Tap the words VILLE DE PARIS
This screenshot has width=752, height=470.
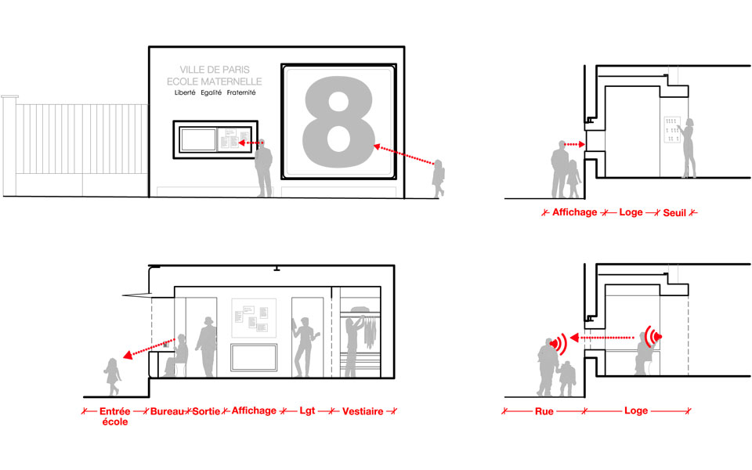(x=215, y=70)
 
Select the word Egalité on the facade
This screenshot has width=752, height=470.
(x=211, y=92)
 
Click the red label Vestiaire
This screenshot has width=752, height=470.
(x=363, y=411)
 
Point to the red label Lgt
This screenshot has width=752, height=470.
(x=307, y=410)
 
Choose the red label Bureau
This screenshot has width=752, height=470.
(x=168, y=411)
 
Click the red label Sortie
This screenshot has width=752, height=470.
(x=206, y=411)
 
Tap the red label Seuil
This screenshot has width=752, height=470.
(x=674, y=212)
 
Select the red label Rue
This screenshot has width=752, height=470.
(x=544, y=411)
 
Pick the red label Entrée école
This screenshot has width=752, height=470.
(x=115, y=416)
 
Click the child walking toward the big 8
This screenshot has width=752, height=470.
(x=438, y=179)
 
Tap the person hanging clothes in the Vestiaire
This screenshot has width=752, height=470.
(x=353, y=346)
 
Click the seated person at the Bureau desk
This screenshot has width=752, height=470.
(x=176, y=356)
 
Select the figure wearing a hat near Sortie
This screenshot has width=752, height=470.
(x=207, y=346)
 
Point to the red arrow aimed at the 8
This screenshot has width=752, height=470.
(x=404, y=154)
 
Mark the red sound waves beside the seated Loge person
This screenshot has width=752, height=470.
(x=653, y=336)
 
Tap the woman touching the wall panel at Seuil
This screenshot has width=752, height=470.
(x=689, y=148)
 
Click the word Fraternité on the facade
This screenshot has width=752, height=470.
(x=241, y=92)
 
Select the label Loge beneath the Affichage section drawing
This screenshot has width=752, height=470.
(x=631, y=212)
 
